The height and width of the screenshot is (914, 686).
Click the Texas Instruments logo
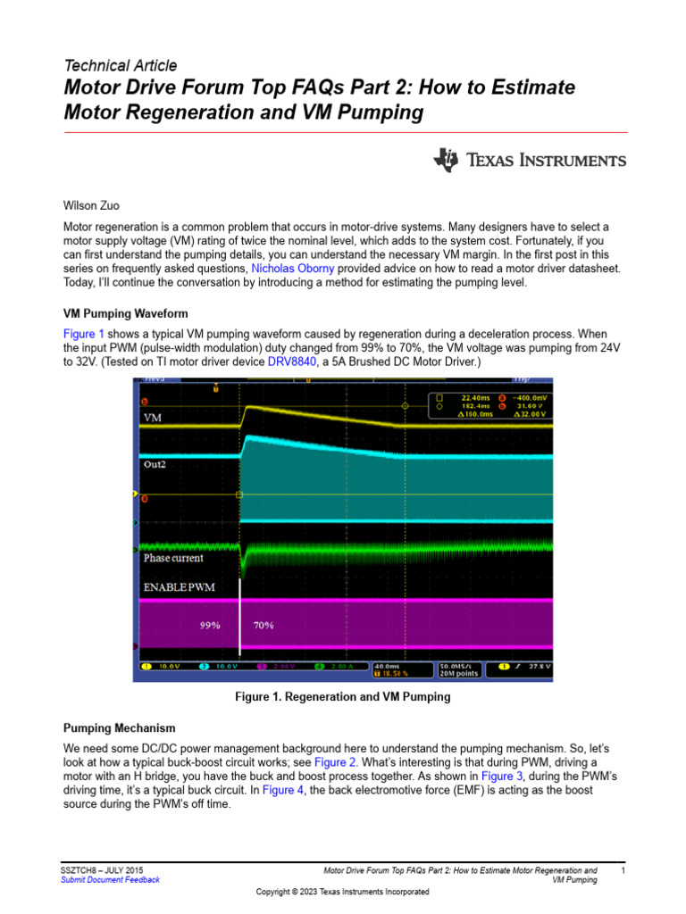pos(531,161)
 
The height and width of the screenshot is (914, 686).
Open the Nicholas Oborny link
pos(293,268)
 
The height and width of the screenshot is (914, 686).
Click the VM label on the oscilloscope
pos(154,416)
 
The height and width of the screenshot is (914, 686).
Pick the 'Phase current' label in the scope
pos(173,559)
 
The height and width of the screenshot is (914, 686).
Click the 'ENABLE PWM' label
pos(179,586)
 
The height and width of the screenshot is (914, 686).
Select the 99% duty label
pos(209,626)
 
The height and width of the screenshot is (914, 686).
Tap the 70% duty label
pos(264,626)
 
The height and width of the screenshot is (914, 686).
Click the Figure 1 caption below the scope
pos(343,696)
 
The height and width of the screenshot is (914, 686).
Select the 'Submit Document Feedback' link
pos(110,879)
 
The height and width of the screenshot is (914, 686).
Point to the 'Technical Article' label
pos(121,65)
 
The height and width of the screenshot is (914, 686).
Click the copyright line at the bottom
pos(343,892)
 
